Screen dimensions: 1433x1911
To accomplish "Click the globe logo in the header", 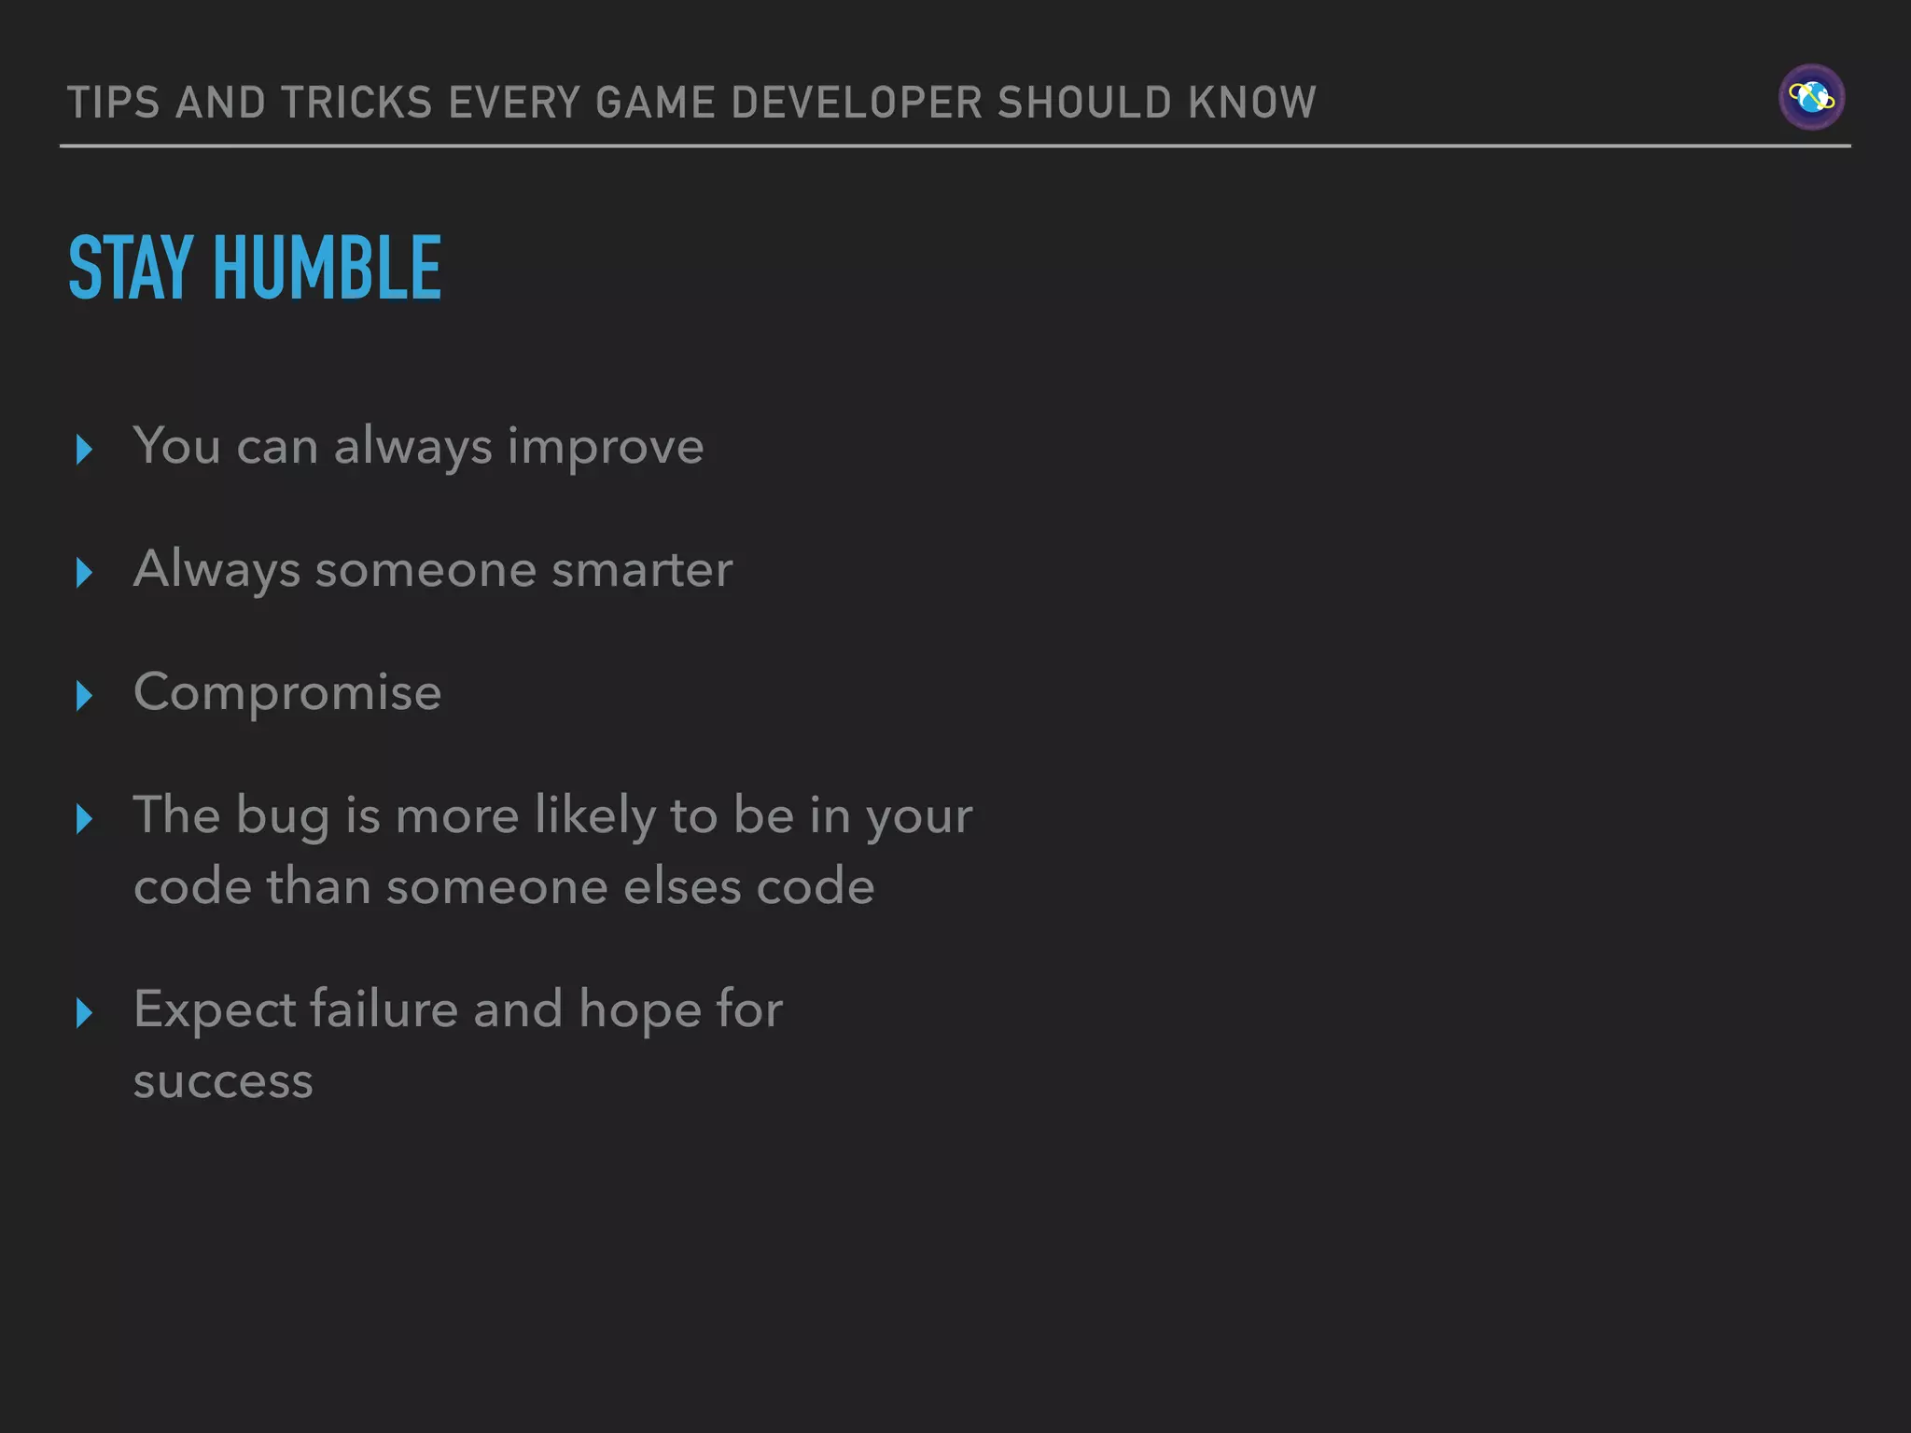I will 1811,97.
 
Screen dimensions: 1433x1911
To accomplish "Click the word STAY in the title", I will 131,269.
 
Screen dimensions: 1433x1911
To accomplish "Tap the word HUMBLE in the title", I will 327,269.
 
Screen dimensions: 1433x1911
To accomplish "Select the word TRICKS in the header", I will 356,103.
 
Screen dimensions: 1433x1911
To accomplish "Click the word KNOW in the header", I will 1252,103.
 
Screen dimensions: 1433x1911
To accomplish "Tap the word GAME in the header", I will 655,103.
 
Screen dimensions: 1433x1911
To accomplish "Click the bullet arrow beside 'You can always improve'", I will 84,449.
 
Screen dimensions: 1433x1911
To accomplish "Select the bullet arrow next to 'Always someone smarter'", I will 84,572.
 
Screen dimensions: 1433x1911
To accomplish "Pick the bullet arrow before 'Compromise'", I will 84,695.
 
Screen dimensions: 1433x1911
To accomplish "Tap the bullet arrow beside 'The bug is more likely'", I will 84,818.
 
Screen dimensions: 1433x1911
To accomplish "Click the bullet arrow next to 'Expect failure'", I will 84,1012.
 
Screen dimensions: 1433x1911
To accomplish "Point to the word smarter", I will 641,570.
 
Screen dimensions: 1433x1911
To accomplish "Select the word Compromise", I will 287,692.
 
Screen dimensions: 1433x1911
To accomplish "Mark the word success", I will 223,1082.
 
